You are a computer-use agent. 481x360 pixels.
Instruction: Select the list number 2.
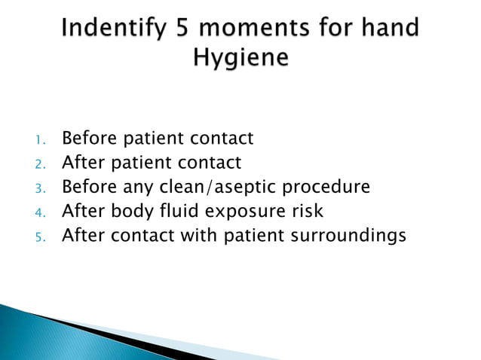[41, 163]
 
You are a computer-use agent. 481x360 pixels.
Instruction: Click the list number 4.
[41, 212]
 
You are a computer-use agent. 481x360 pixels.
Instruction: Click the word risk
[306, 211]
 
